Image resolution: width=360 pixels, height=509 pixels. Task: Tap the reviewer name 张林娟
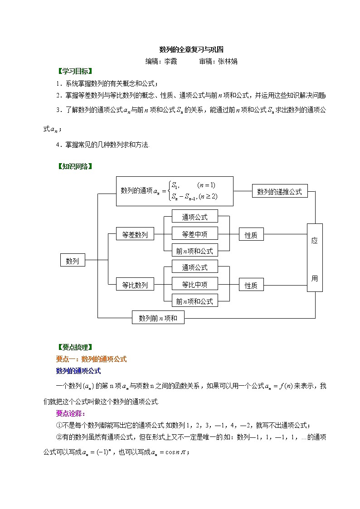[228, 61]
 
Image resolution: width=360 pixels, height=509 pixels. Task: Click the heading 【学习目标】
[75, 72]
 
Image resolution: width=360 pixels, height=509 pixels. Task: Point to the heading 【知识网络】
[75, 166]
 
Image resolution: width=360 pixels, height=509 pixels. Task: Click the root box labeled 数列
[73, 261]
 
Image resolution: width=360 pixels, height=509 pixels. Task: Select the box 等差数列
[135, 235]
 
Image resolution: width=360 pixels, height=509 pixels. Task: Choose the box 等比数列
[135, 285]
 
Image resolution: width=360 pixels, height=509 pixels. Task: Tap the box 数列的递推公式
[279, 192]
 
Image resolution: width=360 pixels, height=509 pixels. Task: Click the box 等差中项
[195, 234]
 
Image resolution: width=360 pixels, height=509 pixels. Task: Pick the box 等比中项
[195, 285]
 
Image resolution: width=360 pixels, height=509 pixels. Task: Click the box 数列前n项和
[158, 318]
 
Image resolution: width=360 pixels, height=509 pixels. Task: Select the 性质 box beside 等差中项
[251, 235]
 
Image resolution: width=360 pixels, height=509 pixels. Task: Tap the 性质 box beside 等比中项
[251, 285]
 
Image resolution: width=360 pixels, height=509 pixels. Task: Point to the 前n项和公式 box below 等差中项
[195, 251]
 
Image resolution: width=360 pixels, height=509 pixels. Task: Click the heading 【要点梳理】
[75, 348]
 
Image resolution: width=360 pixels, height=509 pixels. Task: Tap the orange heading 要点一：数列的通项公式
[91, 359]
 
